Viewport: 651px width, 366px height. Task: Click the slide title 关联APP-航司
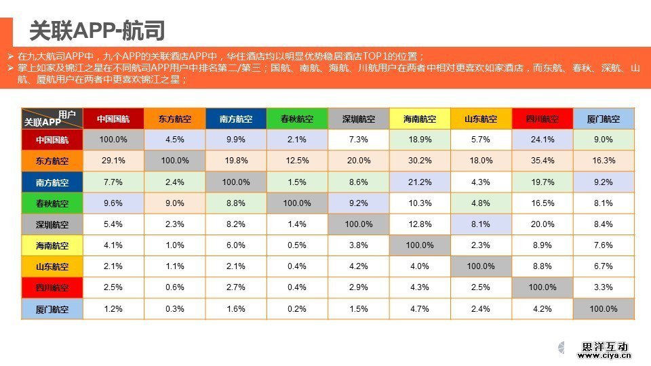[97, 31]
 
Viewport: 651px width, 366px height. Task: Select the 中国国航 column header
[113, 119]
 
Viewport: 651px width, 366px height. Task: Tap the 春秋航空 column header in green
[297, 119]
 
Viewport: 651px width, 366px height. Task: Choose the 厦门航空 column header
[604, 119]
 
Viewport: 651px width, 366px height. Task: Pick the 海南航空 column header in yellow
[420, 119]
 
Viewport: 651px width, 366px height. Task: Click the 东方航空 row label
[52, 161]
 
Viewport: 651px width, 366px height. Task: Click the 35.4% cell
[542, 161]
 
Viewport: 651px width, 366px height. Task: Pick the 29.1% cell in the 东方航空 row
[113, 161]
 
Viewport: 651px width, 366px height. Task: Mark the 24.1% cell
[542, 140]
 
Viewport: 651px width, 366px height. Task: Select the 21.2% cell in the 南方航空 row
[420, 182]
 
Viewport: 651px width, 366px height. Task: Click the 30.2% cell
[420, 161]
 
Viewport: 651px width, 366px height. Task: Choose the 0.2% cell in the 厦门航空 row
[297, 309]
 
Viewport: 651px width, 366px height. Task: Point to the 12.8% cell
[420, 224]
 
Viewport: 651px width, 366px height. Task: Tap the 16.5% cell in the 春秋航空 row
[542, 203]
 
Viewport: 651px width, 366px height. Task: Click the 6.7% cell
[604, 266]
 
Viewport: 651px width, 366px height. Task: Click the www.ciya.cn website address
[604, 355]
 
